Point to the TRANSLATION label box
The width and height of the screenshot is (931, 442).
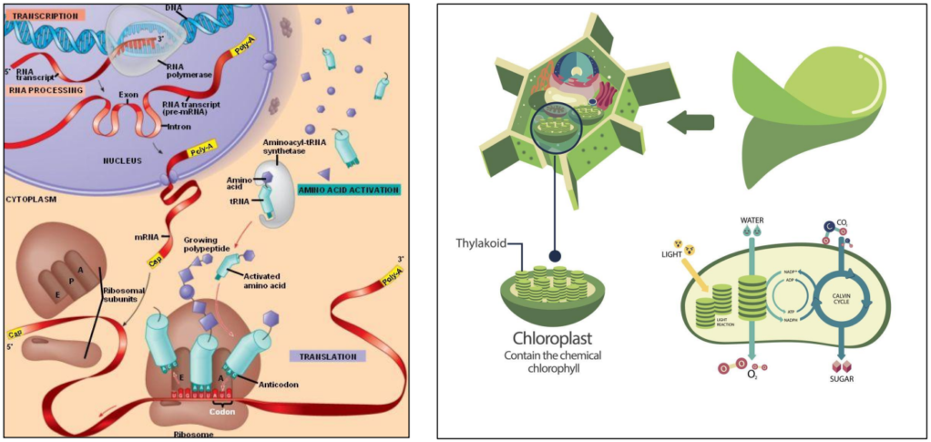[x=326, y=355]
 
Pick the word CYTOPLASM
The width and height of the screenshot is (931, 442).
[x=32, y=196]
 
